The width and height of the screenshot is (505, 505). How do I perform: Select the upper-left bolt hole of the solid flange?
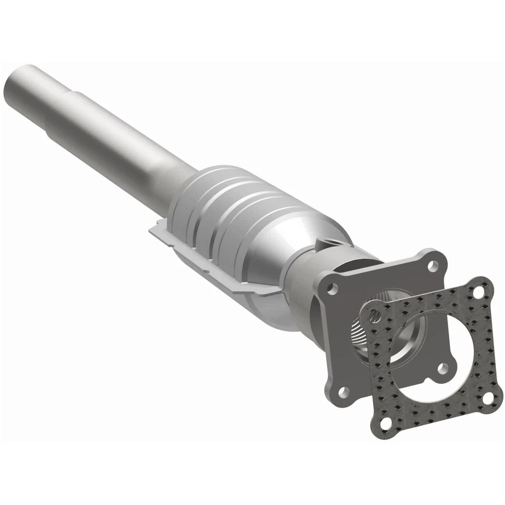pyautogui.click(x=331, y=288)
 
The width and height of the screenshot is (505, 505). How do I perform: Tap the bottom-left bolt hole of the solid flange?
pyautogui.click(x=342, y=391)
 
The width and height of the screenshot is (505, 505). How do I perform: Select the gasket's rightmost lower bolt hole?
pyautogui.click(x=488, y=398)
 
